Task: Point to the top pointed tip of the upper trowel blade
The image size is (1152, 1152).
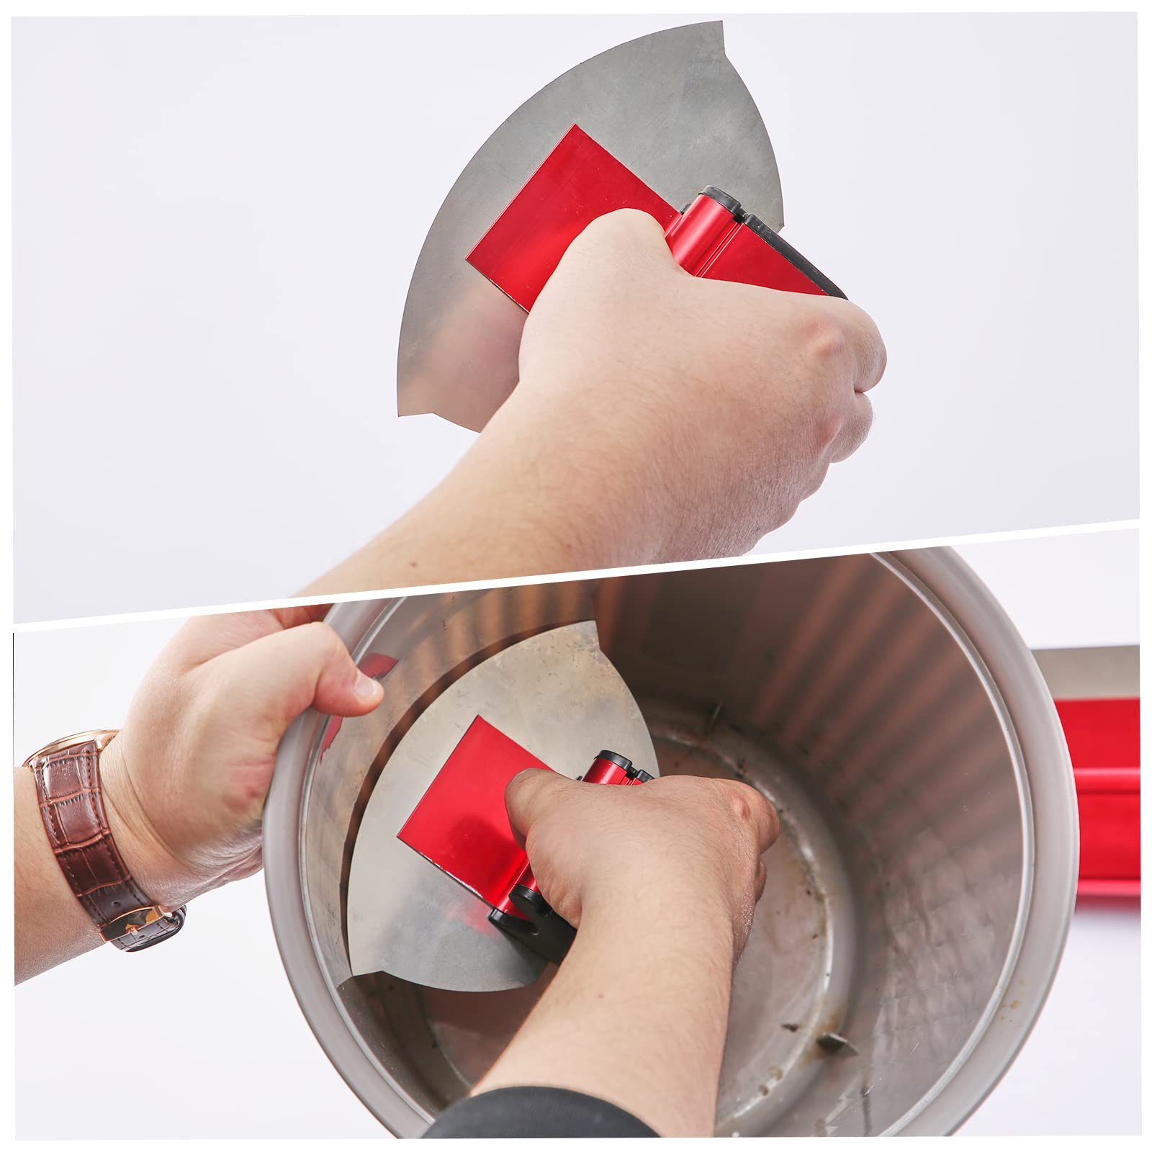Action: pos(720,26)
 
